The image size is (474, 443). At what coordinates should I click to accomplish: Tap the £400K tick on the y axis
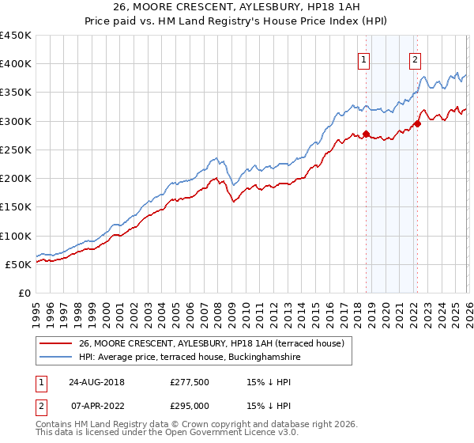tap(16, 64)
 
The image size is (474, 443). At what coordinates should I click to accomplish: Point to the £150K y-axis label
tap(16, 207)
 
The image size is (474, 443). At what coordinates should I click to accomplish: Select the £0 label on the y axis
tap(24, 293)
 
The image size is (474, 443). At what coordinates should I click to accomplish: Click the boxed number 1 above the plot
tap(364, 59)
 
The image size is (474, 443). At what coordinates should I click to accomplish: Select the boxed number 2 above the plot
tap(415, 59)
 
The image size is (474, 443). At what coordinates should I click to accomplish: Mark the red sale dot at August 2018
tap(366, 134)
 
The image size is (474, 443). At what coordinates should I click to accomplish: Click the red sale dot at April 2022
tap(417, 123)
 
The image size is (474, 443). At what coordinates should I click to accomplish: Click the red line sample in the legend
tap(56, 344)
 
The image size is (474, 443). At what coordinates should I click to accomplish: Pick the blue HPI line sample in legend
tap(56, 358)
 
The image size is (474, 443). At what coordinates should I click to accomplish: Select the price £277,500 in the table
tap(189, 381)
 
